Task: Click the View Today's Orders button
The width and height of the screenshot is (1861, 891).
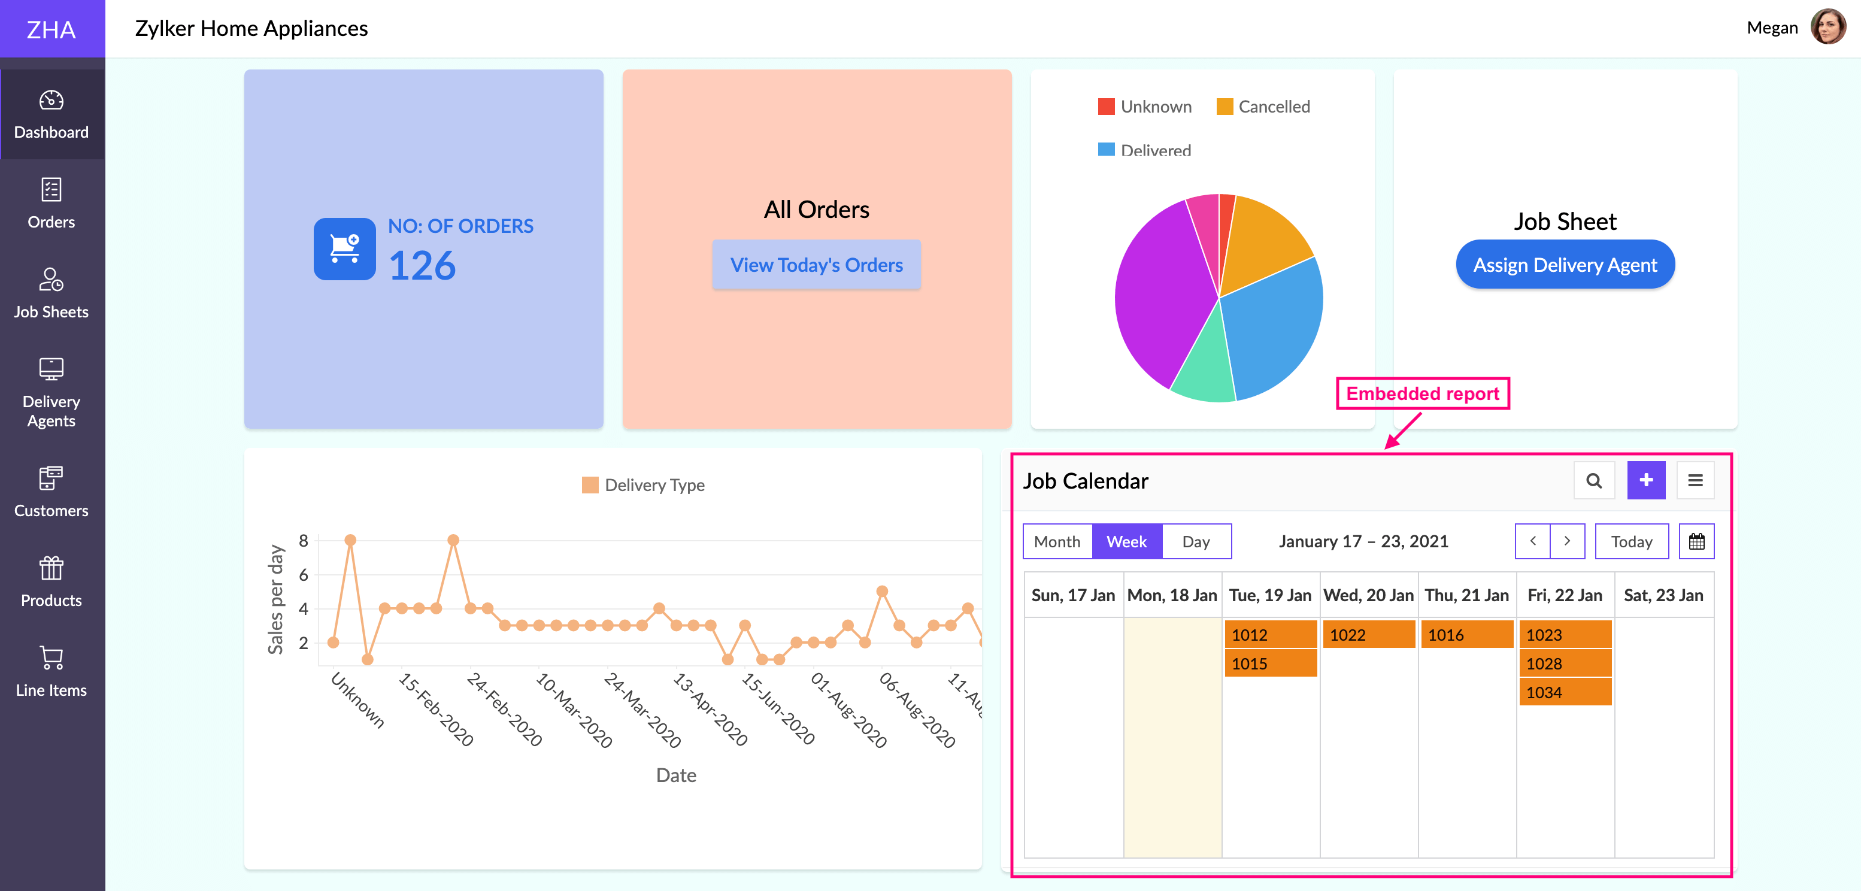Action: pos(816,265)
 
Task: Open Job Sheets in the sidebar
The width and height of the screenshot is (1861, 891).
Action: pos(51,293)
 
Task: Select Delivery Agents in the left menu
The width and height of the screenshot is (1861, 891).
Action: pos(51,392)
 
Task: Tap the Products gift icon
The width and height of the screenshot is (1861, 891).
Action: pos(51,569)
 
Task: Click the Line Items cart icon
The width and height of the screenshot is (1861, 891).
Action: pos(51,657)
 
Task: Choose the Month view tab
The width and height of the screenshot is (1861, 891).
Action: pos(1057,541)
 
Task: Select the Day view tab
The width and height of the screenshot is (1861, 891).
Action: pos(1196,541)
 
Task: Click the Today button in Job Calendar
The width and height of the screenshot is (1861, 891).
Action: pos(1631,541)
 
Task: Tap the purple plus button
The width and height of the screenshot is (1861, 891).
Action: pos(1645,480)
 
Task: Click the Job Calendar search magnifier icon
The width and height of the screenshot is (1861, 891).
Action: pos(1594,480)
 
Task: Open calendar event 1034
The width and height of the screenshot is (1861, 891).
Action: pos(1565,692)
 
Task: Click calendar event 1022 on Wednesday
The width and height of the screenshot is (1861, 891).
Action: pos(1368,635)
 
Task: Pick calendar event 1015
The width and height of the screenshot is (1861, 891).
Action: pos(1270,663)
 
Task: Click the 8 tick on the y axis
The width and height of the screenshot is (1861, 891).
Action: pos(304,541)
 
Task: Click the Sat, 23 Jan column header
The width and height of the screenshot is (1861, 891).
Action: pos(1663,595)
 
